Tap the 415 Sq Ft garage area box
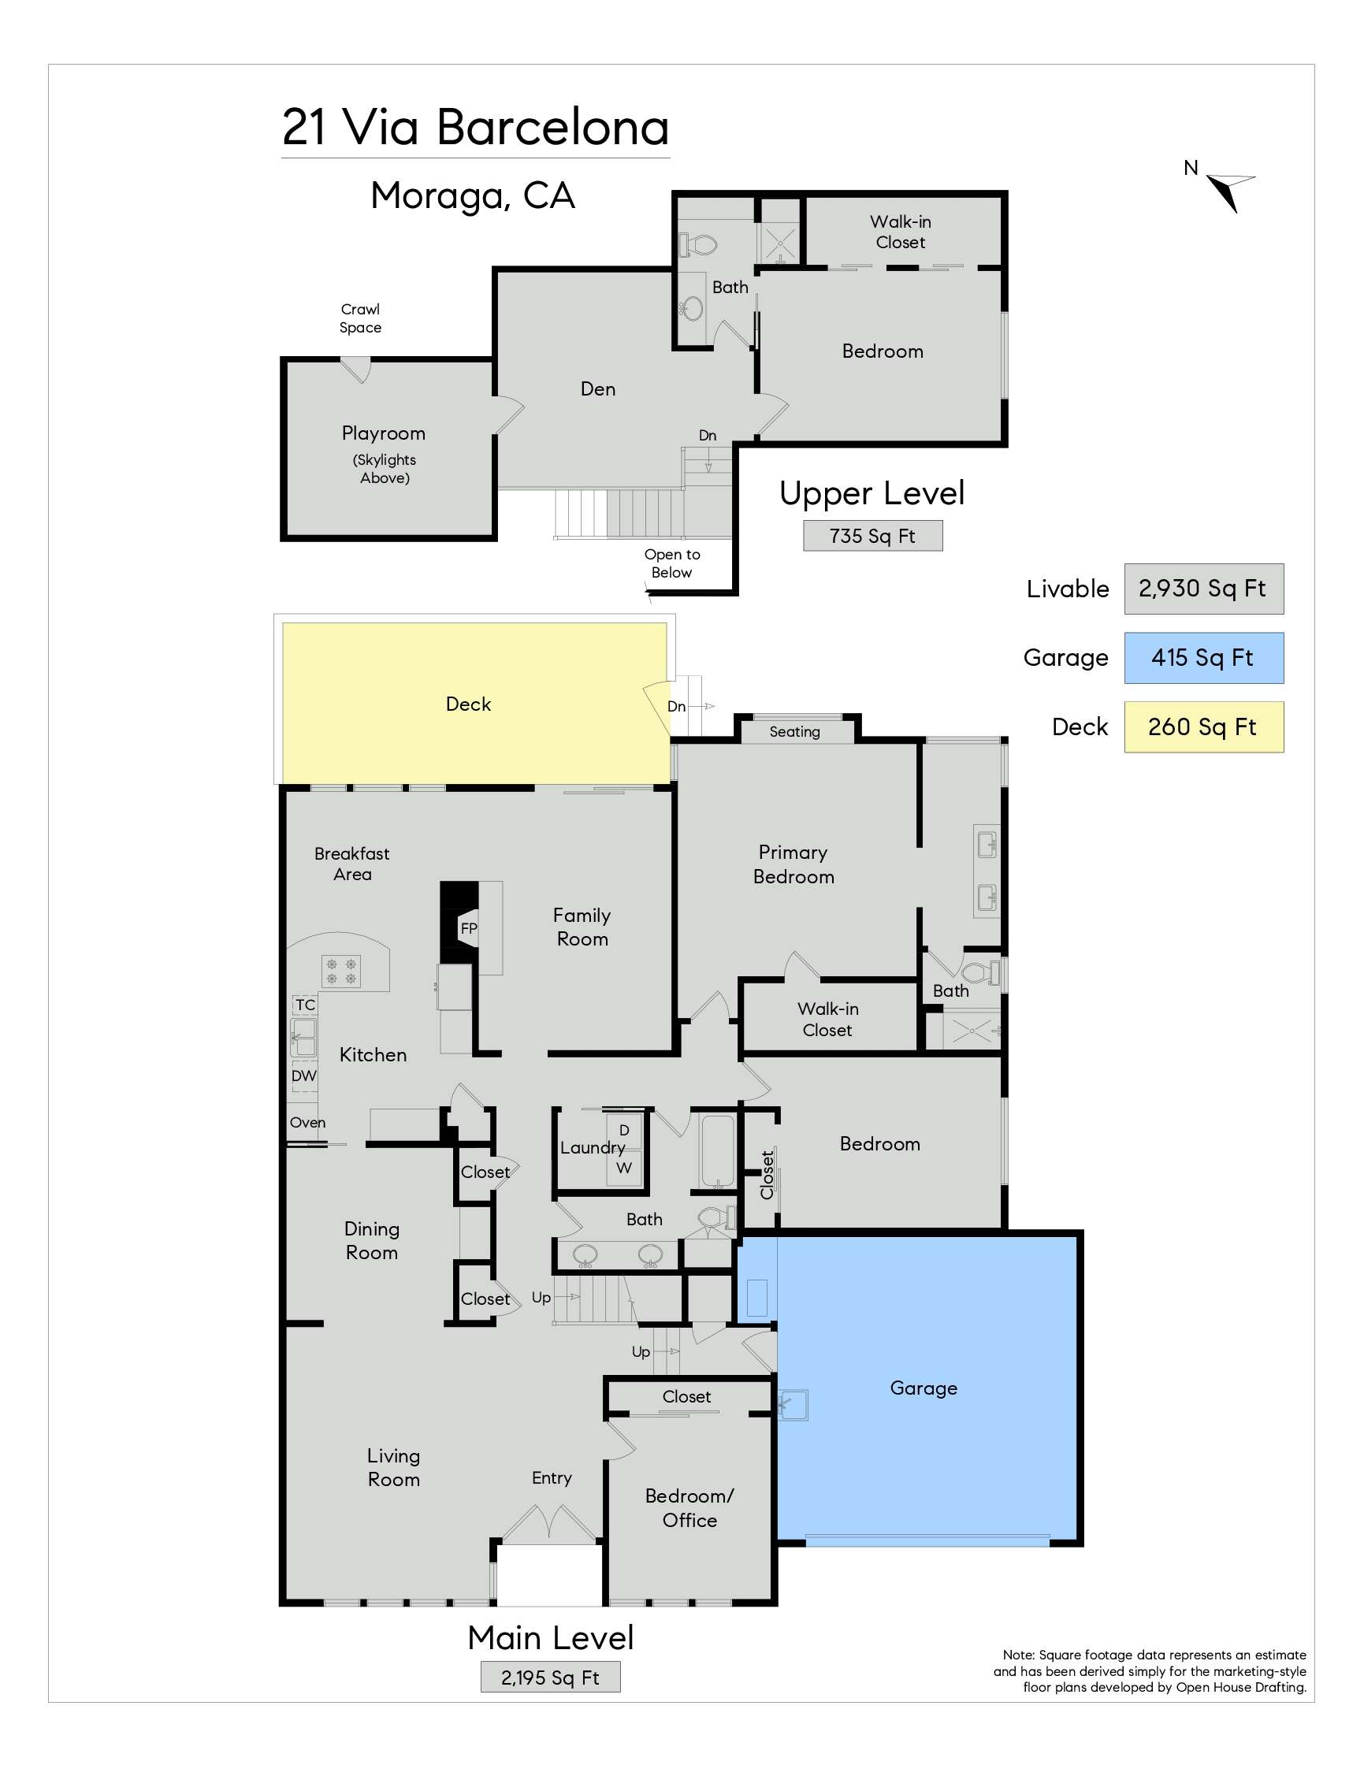pos(1203,658)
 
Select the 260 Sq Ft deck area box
pos(1203,727)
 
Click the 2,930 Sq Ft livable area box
pos(1203,589)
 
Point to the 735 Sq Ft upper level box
pos(873,536)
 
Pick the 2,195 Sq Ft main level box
pos(550,1678)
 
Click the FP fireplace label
pos(469,928)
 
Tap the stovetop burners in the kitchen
pos(341,971)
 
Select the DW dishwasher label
pos(304,1076)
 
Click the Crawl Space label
pos(360,318)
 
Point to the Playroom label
pos(384,433)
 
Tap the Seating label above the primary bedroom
pos(794,731)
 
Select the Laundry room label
pos(593,1147)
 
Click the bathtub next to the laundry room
pos(717,1152)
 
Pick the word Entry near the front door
pos(552,1478)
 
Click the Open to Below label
pos(672,563)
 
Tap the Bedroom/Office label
pos(689,1508)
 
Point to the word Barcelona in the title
pos(553,128)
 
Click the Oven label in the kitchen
pos(308,1123)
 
